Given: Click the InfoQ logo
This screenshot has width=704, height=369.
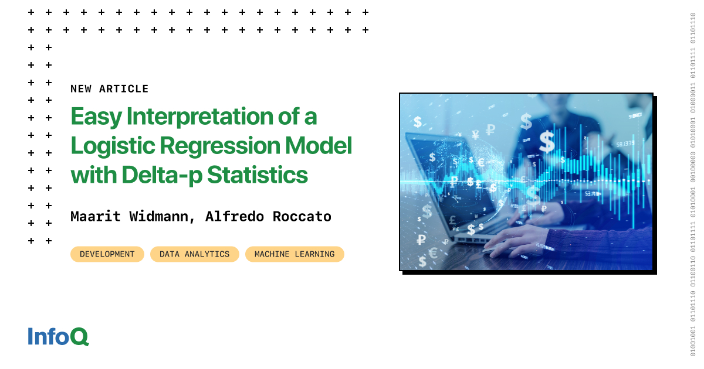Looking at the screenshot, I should (x=58, y=336).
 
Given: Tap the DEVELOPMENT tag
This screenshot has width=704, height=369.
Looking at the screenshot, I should (x=107, y=254).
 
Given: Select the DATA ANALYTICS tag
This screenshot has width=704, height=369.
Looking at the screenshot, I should (x=194, y=254).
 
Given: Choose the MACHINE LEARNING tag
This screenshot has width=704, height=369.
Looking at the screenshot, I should (x=295, y=254).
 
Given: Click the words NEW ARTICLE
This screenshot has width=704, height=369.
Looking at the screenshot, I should (x=109, y=89).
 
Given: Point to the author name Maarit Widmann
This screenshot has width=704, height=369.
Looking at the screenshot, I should (x=129, y=216).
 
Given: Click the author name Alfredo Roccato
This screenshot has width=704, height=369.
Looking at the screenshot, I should (x=268, y=216).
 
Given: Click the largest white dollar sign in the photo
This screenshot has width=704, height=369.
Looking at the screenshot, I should (x=547, y=141).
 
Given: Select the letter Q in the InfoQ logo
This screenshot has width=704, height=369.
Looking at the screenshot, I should (x=80, y=337).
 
